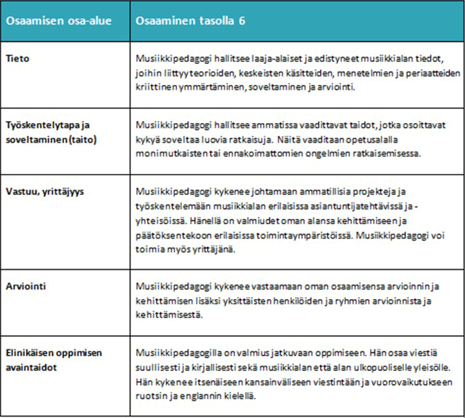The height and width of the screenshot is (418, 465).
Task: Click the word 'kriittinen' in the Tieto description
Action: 159,88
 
